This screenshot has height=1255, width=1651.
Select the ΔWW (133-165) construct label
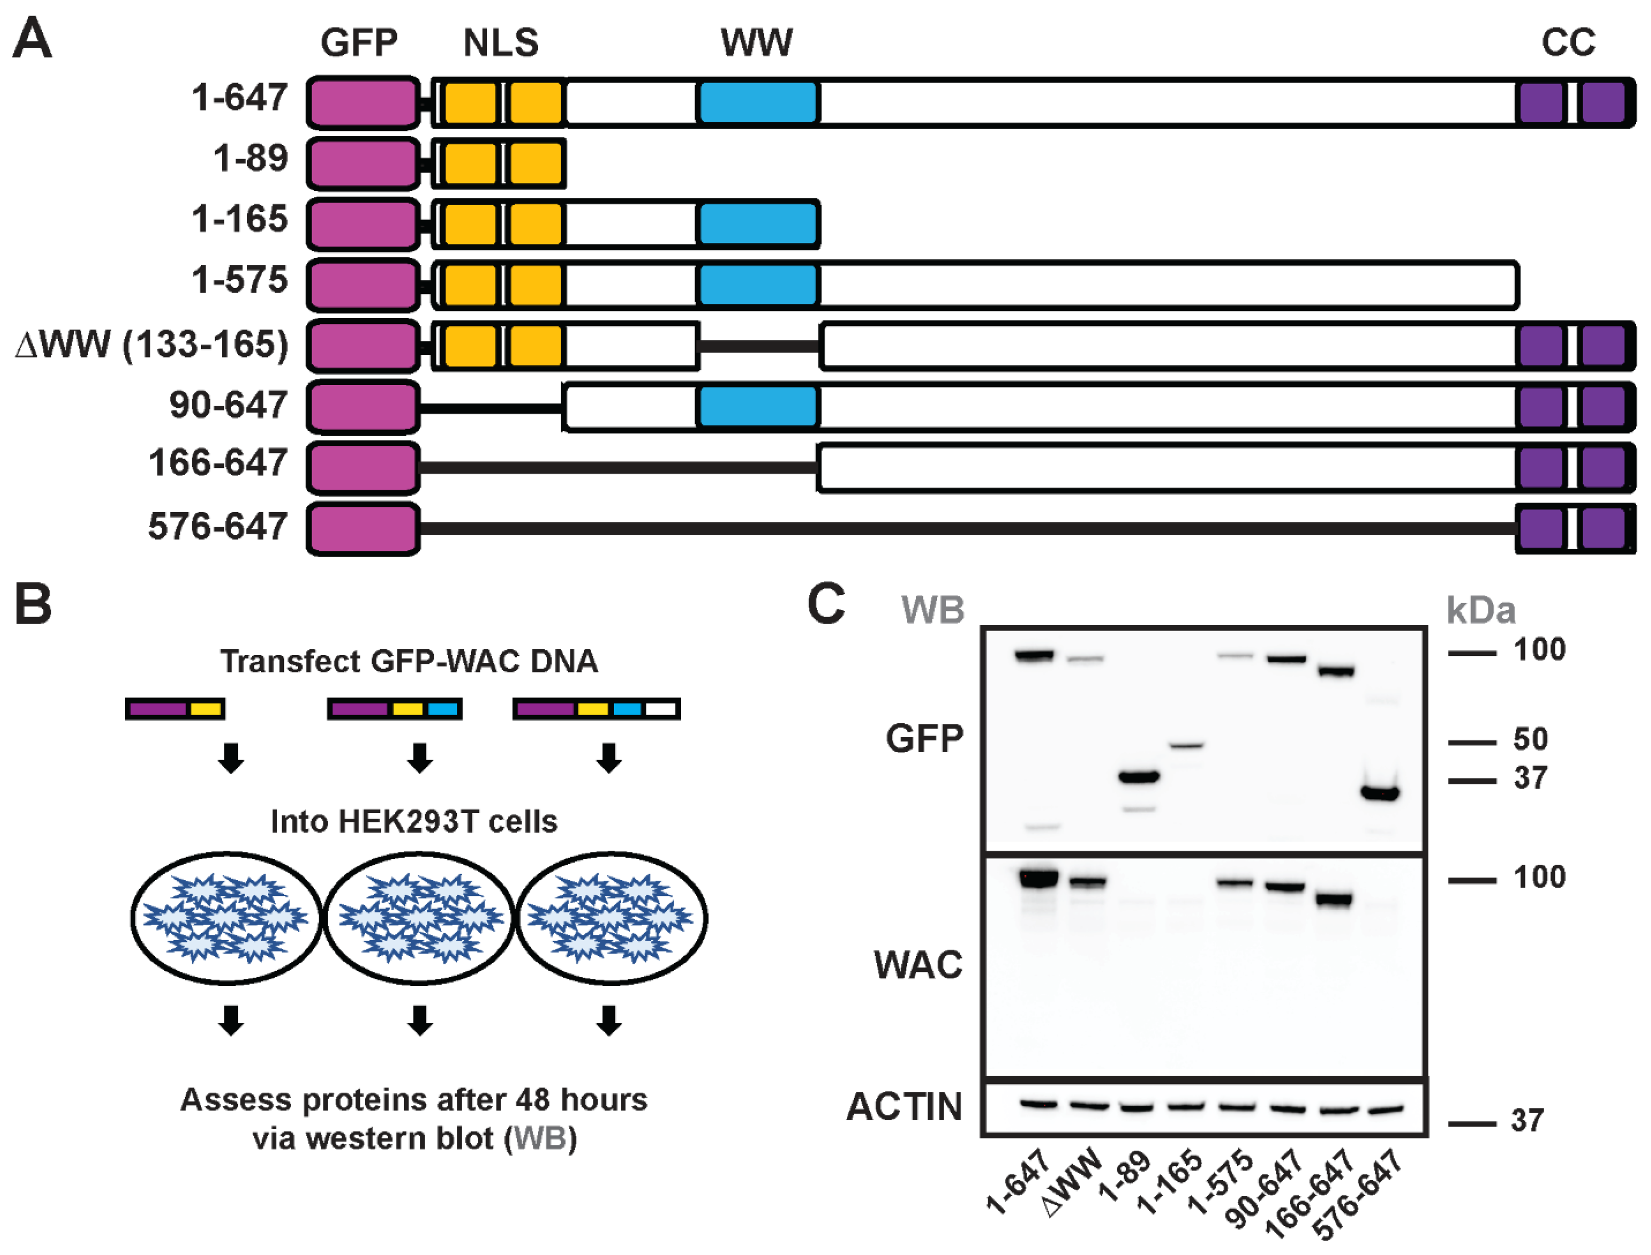pyautogui.click(x=152, y=345)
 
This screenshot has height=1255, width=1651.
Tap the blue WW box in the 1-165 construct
pyautogui.click(x=758, y=224)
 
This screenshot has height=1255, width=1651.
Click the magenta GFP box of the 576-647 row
pyautogui.click(x=363, y=529)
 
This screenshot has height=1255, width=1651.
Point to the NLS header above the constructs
pyautogui.click(x=501, y=42)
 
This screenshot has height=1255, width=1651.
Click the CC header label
pyautogui.click(x=1568, y=42)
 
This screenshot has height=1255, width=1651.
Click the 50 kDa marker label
pyautogui.click(x=1530, y=739)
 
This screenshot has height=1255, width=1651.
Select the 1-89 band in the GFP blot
pyautogui.click(x=1138, y=777)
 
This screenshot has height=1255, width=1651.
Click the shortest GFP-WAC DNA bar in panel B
pyautogui.click(x=175, y=708)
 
